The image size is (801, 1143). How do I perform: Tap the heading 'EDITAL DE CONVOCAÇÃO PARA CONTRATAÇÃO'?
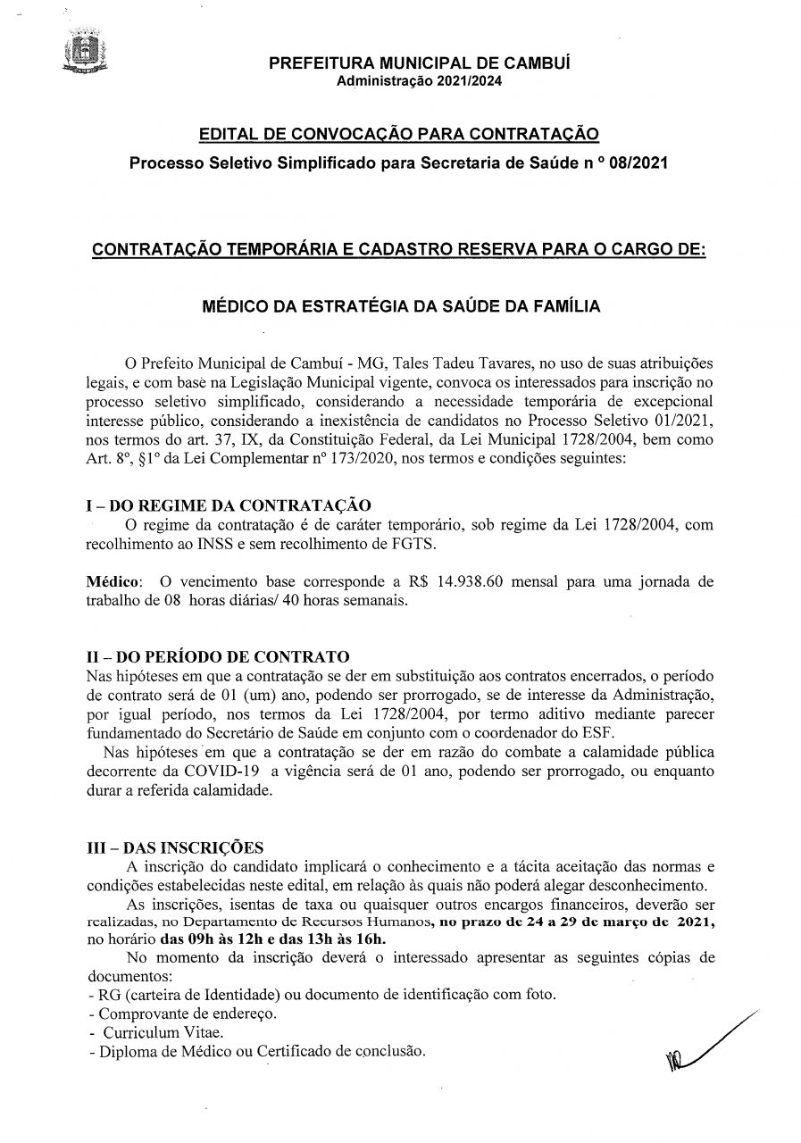[x=398, y=135]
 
